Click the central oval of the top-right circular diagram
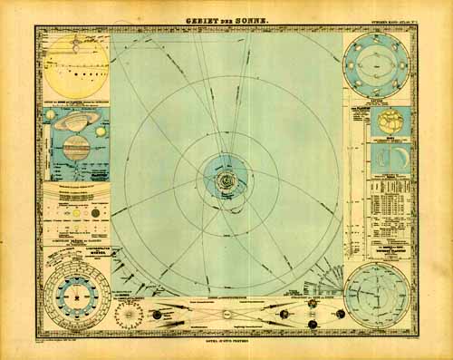click(379, 67)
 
